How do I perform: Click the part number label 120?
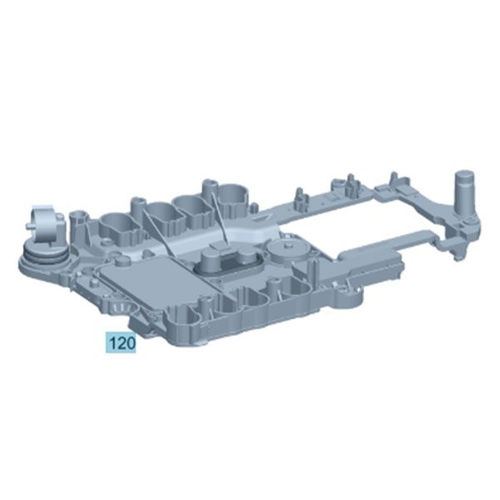[120, 342]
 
